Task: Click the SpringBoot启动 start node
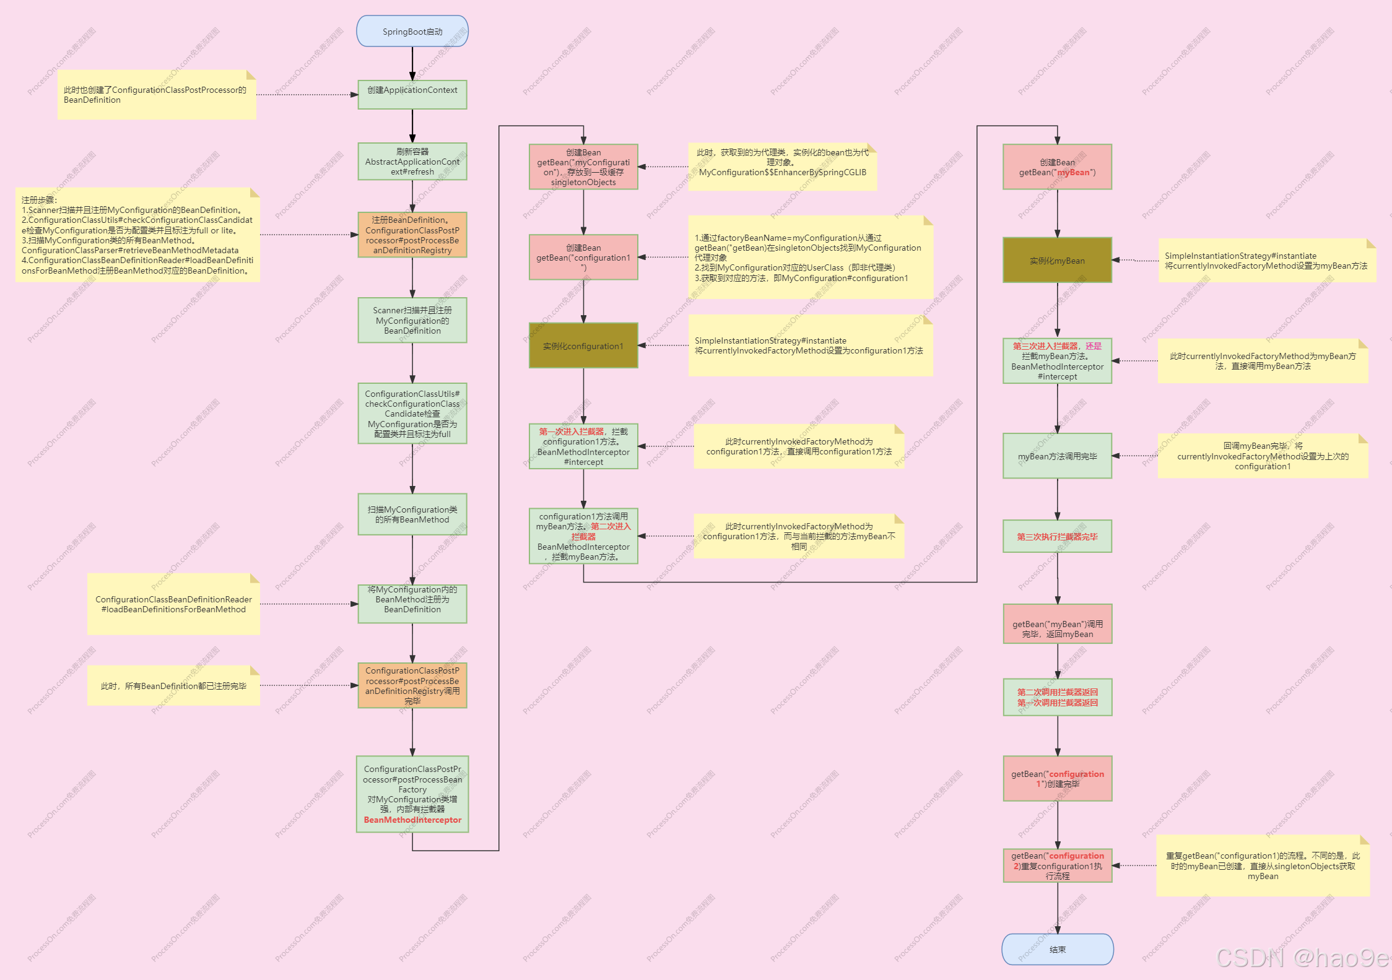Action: [x=412, y=32]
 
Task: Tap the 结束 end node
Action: [x=1057, y=949]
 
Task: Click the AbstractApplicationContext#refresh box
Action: [x=412, y=162]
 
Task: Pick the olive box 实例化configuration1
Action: [x=583, y=345]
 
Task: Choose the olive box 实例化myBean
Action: [x=1057, y=260]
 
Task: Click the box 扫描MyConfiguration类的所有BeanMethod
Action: [x=412, y=514]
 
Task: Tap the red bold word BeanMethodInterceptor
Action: [x=412, y=820]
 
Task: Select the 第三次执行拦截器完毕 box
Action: [x=1057, y=536]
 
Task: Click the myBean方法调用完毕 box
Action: [x=1057, y=456]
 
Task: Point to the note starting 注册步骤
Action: [x=137, y=235]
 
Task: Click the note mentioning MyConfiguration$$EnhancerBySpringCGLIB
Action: [x=782, y=167]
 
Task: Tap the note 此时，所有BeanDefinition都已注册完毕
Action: [x=173, y=686]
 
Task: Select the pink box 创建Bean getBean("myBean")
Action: [x=1057, y=167]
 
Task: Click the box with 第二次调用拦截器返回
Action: [x=1057, y=697]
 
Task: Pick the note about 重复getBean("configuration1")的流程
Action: [x=1263, y=865]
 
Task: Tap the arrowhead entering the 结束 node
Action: [x=1058, y=930]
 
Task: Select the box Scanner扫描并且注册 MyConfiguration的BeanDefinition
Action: [x=412, y=320]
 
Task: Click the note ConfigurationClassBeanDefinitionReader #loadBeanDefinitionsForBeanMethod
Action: [x=173, y=604]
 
